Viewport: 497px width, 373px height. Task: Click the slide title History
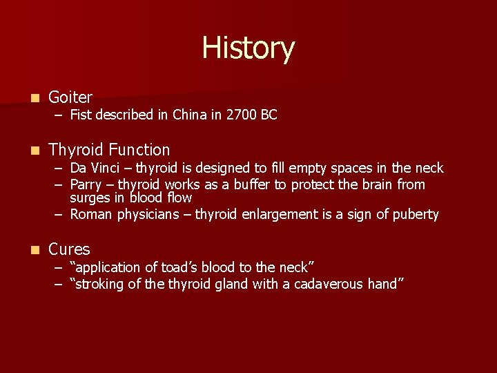[248, 49]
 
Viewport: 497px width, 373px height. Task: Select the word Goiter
[70, 97]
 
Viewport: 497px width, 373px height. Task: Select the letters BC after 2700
[269, 115]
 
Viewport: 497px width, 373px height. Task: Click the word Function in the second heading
[137, 150]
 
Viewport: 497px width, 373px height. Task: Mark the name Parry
[87, 184]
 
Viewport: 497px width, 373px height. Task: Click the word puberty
[416, 215]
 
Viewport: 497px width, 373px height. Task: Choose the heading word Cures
[69, 249]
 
